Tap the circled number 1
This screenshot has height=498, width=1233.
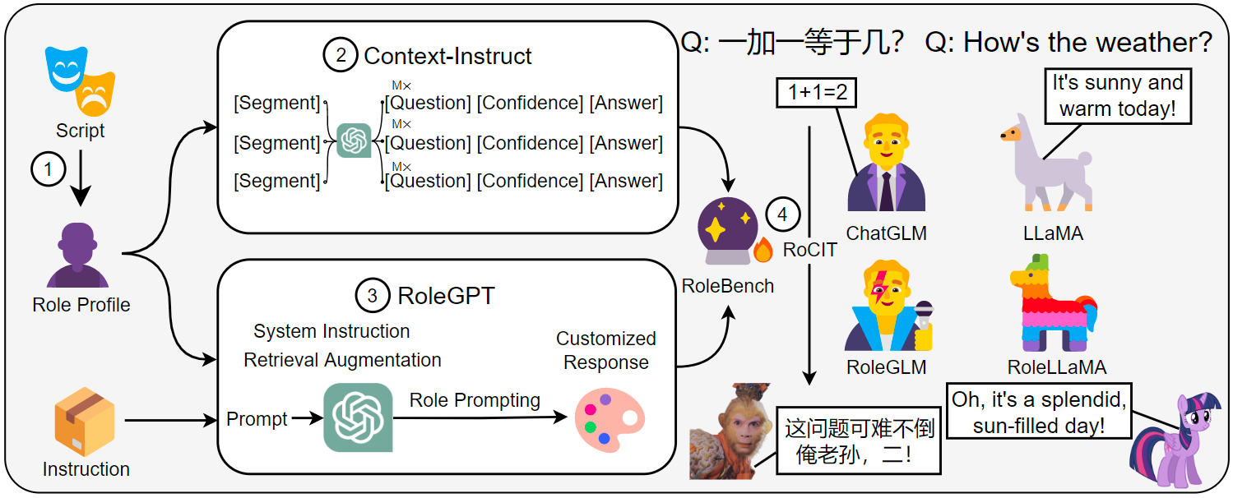(48, 170)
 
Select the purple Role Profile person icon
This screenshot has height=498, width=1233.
(79, 256)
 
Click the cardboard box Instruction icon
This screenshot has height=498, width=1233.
(85, 422)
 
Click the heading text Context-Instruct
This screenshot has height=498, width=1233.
(447, 56)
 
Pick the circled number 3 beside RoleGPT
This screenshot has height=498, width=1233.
(372, 295)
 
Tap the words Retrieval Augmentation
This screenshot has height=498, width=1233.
(342, 360)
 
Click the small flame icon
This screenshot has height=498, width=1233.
(763, 250)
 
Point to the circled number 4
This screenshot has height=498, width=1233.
(782, 214)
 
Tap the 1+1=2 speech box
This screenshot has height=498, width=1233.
(817, 93)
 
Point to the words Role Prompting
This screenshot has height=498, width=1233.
(475, 400)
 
